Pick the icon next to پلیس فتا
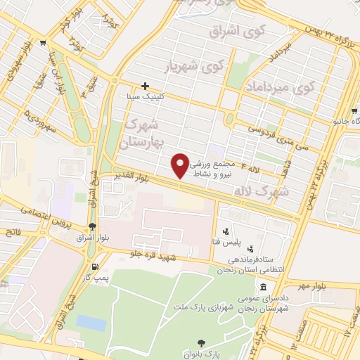(226, 231)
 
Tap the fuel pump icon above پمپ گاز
(96, 267)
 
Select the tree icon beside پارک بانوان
(202, 343)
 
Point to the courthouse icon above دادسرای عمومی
(263, 287)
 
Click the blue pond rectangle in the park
(91, 323)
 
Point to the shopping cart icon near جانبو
(354, 111)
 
